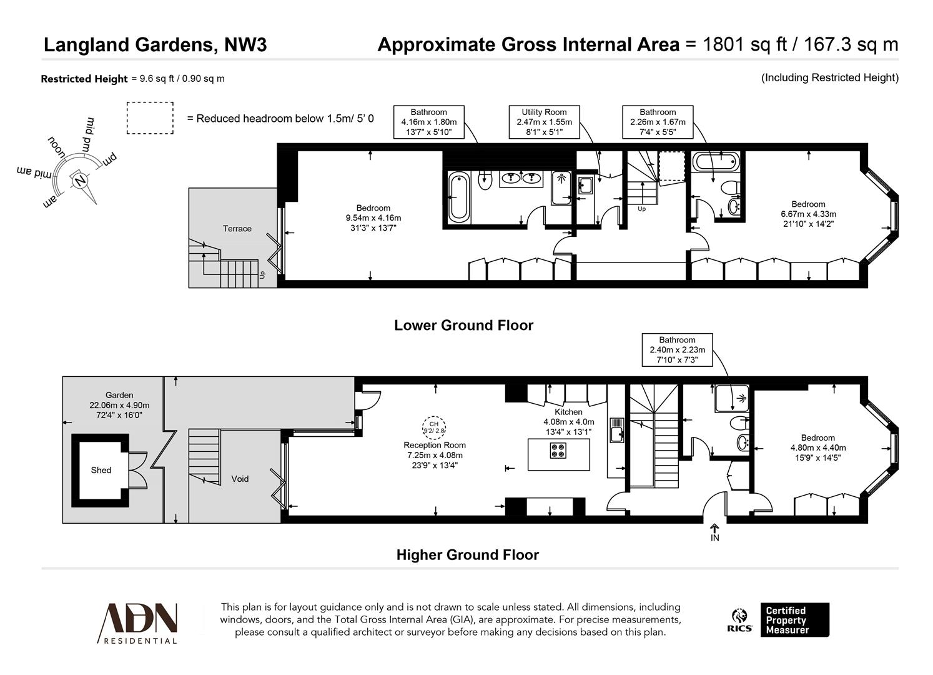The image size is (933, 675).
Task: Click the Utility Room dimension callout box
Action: pyautogui.click(x=543, y=122)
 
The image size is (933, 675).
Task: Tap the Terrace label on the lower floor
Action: pyautogui.click(x=237, y=229)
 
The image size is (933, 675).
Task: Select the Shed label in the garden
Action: pyautogui.click(x=101, y=470)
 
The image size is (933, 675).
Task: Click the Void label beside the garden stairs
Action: pyautogui.click(x=240, y=479)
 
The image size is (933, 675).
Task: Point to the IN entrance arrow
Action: pyautogui.click(x=714, y=532)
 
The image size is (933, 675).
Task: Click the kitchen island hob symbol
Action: pyautogui.click(x=558, y=450)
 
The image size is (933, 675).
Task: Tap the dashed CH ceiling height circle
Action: pyautogui.click(x=434, y=427)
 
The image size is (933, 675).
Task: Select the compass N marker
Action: pyautogui.click(x=80, y=180)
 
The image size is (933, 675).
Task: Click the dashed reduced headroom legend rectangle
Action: pyautogui.click(x=150, y=118)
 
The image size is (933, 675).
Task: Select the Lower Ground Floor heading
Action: pyautogui.click(x=463, y=326)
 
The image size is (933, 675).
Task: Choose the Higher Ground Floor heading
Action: pyautogui.click(x=467, y=555)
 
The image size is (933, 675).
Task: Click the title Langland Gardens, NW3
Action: pyautogui.click(x=155, y=45)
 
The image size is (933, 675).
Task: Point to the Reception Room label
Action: pyautogui.click(x=434, y=445)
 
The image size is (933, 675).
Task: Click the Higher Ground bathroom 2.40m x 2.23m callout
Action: pyautogui.click(x=677, y=350)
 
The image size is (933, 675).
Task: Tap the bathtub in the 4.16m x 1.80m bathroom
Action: pyautogui.click(x=459, y=197)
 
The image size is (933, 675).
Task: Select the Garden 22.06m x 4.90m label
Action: pyautogui.click(x=119, y=405)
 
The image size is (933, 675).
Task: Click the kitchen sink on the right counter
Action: pyautogui.click(x=617, y=429)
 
